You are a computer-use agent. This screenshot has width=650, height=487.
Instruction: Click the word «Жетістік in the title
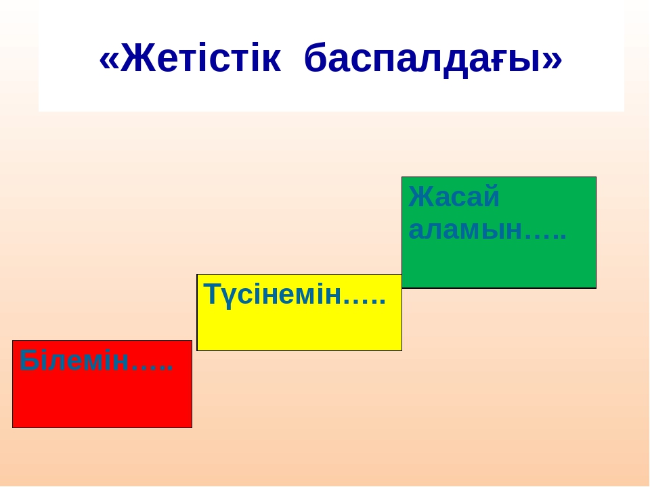coord(190,57)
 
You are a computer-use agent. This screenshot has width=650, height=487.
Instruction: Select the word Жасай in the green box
coord(454,197)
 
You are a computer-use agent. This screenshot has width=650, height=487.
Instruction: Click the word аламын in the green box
coord(466,230)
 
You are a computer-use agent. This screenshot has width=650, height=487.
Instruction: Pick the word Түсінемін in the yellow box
coord(272,294)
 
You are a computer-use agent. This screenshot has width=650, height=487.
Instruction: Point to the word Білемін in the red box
coord(74,361)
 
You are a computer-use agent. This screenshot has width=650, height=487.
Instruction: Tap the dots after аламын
coord(546,237)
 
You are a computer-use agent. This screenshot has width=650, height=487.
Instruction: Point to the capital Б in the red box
coord(28,361)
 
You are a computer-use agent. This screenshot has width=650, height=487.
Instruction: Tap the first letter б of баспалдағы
coord(316,57)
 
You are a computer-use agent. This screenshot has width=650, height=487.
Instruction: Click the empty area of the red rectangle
coord(102,401)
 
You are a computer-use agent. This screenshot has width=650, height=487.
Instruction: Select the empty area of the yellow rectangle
coord(299,329)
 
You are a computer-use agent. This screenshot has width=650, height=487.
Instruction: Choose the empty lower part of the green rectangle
coord(499,265)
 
